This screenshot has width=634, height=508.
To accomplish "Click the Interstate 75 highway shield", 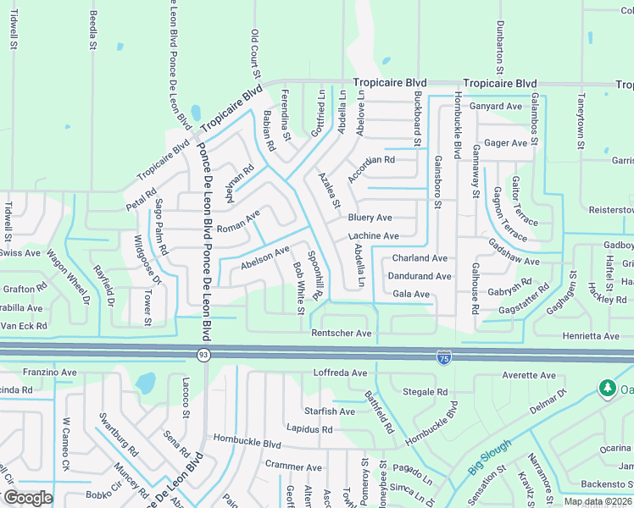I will (444, 357).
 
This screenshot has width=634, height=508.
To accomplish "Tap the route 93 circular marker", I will (203, 354).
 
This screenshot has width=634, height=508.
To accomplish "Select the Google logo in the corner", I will (27, 498).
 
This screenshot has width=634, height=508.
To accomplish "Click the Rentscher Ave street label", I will (342, 334).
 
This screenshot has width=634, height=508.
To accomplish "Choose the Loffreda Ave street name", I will (341, 373).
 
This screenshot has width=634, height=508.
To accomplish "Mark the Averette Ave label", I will (528, 375).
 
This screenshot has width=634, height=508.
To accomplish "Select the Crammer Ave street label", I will (293, 467).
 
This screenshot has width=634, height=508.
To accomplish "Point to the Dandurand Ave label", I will (419, 276).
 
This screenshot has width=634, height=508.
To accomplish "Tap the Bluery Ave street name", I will (370, 218).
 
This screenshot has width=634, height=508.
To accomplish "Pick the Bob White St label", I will (298, 286).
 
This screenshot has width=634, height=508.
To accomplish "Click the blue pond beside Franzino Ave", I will (146, 384).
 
